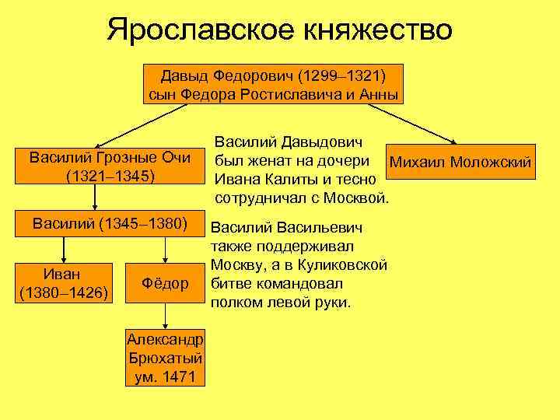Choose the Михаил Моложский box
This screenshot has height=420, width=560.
(x=460, y=162)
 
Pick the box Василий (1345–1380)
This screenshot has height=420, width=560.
(x=110, y=225)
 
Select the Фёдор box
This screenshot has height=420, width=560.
(x=164, y=284)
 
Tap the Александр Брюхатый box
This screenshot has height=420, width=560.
(x=165, y=359)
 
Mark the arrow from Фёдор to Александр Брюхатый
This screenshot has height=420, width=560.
(x=164, y=315)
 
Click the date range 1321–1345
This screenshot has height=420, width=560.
(x=110, y=176)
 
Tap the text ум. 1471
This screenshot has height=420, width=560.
(x=165, y=377)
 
